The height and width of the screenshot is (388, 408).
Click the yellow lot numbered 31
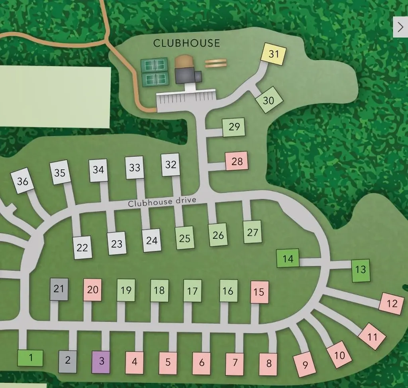[273, 54]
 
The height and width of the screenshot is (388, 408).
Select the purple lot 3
[101, 362]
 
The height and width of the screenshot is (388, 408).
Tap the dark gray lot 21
[59, 289]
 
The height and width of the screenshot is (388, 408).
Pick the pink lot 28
[237, 161]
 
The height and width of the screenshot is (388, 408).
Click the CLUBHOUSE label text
[186, 43]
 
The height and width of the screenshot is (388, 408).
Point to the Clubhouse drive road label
[162, 202]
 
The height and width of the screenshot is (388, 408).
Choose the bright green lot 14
[288, 259]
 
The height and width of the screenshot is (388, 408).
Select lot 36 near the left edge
[23, 181]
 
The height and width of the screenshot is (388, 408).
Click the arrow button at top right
[400, 27]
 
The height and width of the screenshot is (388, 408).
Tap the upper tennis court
[154, 64]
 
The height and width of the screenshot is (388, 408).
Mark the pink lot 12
[392, 303]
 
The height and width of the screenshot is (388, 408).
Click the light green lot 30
[269, 100]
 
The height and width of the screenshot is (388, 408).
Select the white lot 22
[82, 247]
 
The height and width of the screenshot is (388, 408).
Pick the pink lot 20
[92, 289]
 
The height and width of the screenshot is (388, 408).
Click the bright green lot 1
[30, 358]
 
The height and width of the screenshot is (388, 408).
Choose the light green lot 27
[253, 232]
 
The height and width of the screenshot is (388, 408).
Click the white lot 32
[171, 164]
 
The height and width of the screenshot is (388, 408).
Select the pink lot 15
[259, 292]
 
